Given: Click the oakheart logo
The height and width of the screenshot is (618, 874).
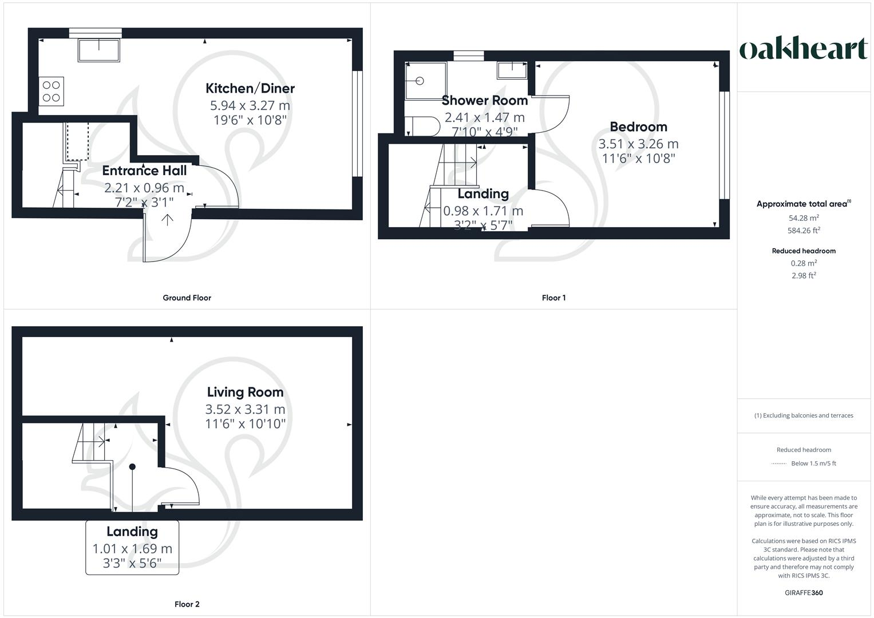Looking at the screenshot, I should pos(803,49).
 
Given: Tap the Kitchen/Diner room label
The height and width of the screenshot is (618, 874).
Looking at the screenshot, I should pos(250,88).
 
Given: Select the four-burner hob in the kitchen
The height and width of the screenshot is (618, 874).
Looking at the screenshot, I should pos(51,91).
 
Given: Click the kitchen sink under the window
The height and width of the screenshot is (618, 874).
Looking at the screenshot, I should pos(99,50).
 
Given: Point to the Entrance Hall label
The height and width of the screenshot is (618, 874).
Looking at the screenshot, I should pos(144,171).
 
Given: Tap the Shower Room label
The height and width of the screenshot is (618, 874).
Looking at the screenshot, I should pos(484,101).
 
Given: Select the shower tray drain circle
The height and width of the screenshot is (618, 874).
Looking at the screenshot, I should pos(420,81).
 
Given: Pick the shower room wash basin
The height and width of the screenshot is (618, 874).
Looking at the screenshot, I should pos(512,70).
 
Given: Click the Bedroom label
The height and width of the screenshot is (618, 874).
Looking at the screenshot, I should pos(638,127).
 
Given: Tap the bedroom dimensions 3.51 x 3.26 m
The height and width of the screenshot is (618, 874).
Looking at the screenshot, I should pos(638,144).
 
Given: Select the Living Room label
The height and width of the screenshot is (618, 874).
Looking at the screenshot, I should pos(245,393).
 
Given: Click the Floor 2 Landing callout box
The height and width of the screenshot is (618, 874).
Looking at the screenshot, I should pos(132,548).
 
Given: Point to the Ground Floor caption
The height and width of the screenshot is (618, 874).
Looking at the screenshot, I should pos(187,298).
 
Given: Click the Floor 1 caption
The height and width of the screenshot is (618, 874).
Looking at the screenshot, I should pos(553,298).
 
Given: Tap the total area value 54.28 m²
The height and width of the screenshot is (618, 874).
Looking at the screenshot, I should pos(804,218).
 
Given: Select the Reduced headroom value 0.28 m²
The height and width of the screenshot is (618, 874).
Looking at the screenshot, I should pos(804,263).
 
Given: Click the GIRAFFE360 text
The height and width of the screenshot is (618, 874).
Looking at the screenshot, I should pos(804,593).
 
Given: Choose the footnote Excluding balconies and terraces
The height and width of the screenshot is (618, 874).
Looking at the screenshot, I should pos(804,415).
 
